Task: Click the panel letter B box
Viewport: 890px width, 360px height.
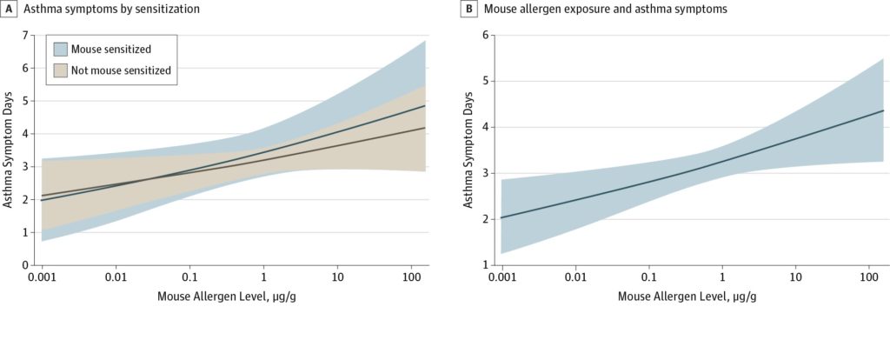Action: pos(470,9)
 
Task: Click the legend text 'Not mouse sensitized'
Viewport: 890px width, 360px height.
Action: pos(120,70)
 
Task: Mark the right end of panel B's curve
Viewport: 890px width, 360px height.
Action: pos(883,110)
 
